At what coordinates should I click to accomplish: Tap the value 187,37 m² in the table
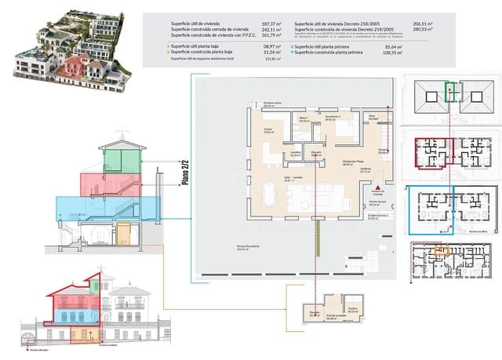tap(269, 25)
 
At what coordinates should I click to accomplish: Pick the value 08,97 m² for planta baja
tap(271, 47)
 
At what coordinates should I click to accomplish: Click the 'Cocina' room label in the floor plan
tap(268, 131)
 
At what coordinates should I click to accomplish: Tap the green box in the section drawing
tap(118, 158)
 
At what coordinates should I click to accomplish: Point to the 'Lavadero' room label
tap(295, 154)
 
